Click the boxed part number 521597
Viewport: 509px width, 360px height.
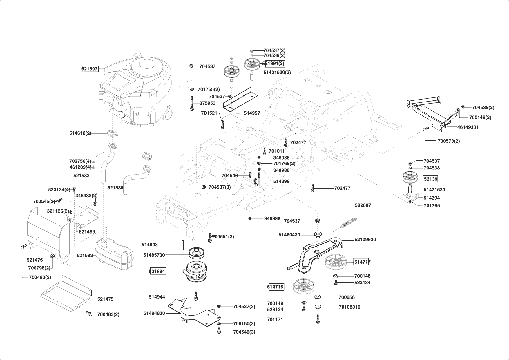click(90, 69)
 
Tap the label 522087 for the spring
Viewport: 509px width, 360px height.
click(363, 205)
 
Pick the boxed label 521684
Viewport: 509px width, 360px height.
click(157, 272)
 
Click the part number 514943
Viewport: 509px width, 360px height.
click(149, 245)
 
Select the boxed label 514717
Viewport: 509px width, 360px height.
click(362, 262)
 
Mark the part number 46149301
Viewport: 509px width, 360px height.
click(468, 127)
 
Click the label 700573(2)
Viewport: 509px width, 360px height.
click(448, 141)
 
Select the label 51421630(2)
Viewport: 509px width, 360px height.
click(277, 72)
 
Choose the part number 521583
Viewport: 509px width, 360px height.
click(81, 176)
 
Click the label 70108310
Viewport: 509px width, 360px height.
click(349, 307)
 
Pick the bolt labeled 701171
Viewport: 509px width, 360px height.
click(318, 319)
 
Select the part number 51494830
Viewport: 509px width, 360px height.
click(154, 313)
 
